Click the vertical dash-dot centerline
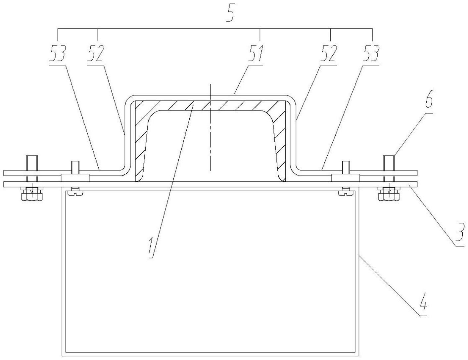click(211, 139)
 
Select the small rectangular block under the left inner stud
click(75, 178)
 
